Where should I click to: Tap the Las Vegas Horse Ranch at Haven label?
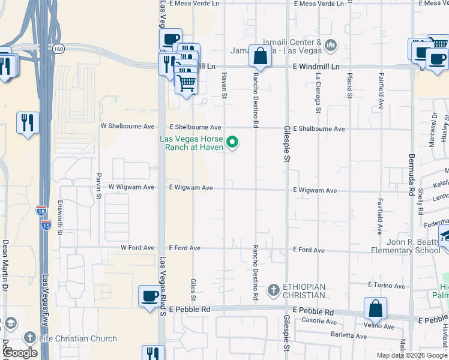coord(191,143)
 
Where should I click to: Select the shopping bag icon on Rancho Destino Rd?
coord(260,56)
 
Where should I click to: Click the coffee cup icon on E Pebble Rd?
coord(149,296)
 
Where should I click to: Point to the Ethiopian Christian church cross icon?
coord(274,291)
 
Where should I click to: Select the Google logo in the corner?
coord(20,353)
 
